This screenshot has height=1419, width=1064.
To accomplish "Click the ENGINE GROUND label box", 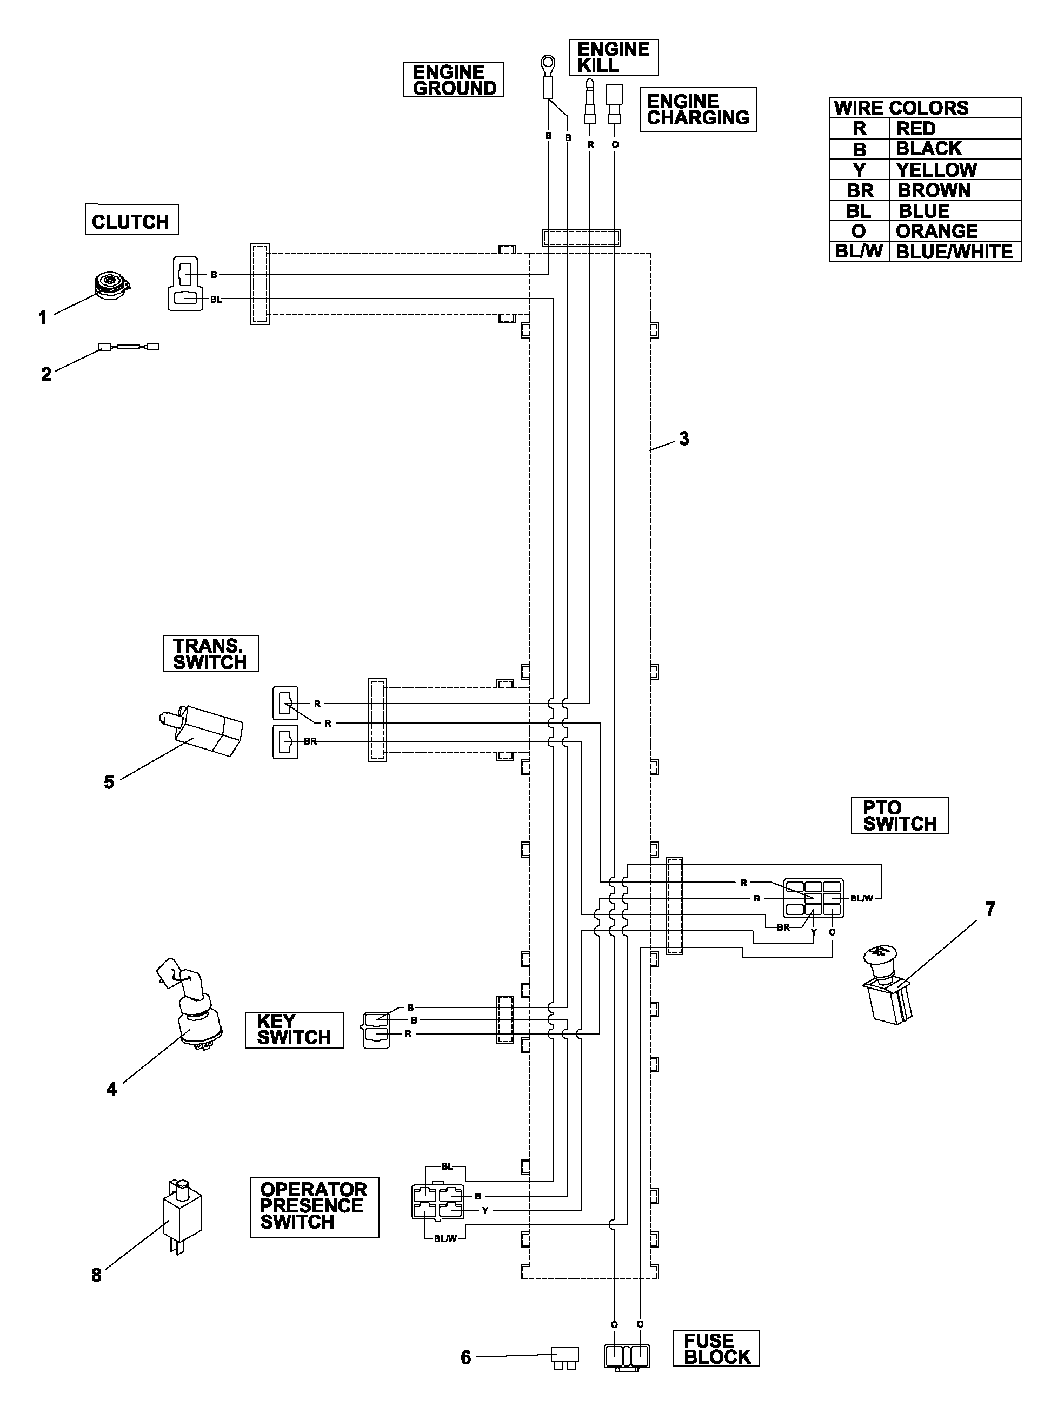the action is click(x=454, y=79).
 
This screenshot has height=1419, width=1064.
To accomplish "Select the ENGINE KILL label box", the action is click(x=614, y=57).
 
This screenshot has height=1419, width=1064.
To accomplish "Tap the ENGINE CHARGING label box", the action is click(x=699, y=110).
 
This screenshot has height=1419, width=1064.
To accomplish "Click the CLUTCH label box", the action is click(x=131, y=220).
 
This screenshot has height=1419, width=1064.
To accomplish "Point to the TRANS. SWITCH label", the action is click(x=210, y=654).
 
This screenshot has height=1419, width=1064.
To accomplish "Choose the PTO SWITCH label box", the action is click(x=899, y=815).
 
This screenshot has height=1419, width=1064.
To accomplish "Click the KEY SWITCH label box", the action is click(x=294, y=1030).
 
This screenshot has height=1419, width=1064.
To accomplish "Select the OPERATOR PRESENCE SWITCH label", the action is click(x=314, y=1206).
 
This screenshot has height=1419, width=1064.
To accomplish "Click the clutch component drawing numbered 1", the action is click(x=113, y=284).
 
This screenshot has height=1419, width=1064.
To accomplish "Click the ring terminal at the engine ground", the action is click(x=548, y=65).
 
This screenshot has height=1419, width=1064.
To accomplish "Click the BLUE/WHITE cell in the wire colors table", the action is click(x=955, y=251).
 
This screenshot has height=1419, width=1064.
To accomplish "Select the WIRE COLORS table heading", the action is click(x=901, y=108).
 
